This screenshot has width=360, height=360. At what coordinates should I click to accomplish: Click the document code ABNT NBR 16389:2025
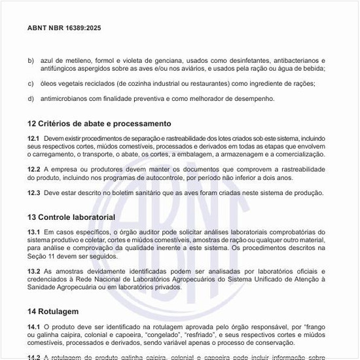[64, 28]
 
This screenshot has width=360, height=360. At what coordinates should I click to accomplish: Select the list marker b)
[31, 60]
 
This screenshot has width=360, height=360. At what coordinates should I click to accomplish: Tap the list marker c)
[31, 83]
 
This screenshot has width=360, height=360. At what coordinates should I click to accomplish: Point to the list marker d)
[31, 99]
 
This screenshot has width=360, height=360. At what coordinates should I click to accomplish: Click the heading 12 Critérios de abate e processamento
[99, 124]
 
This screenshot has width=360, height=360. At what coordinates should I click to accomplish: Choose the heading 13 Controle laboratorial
[71, 217]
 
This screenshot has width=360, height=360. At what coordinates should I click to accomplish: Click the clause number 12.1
[33, 139]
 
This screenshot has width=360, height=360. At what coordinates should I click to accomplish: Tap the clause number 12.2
[33, 170]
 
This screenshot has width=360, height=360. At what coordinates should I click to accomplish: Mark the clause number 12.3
[33, 192]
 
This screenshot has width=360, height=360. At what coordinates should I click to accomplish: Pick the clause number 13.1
[33, 232]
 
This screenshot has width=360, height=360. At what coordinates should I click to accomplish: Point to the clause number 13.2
[33, 270]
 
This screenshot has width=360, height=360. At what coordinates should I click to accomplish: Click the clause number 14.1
[33, 325]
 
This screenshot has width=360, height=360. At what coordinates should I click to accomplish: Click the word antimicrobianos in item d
[64, 99]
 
